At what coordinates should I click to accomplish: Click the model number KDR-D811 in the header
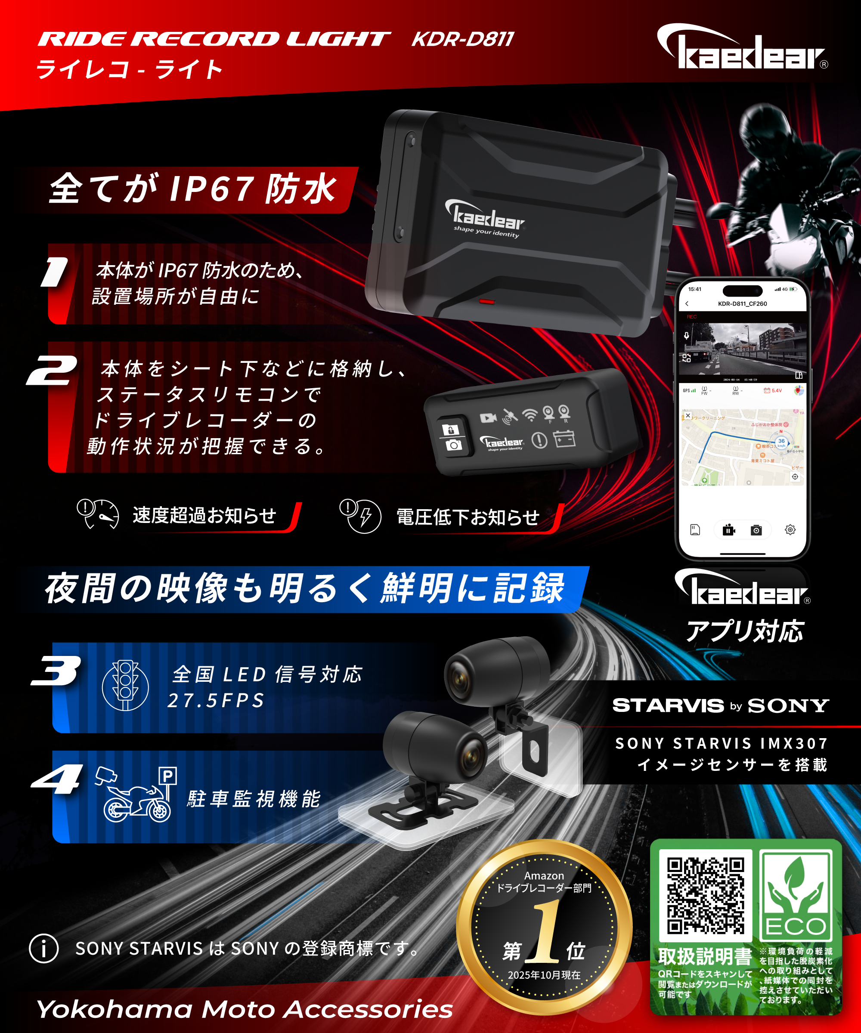[x=463, y=39]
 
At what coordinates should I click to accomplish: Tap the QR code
[x=705, y=896]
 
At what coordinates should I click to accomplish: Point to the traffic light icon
[x=125, y=685]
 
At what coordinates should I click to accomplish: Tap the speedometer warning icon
[x=99, y=514]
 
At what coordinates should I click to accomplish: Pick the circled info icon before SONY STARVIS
[x=44, y=948]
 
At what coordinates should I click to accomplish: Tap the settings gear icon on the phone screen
[x=790, y=530]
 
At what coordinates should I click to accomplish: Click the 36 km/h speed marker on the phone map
[x=781, y=441]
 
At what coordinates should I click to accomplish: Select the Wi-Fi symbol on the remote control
[x=530, y=416]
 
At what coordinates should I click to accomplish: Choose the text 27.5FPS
[x=216, y=700]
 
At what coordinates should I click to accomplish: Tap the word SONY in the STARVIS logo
[x=788, y=706]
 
